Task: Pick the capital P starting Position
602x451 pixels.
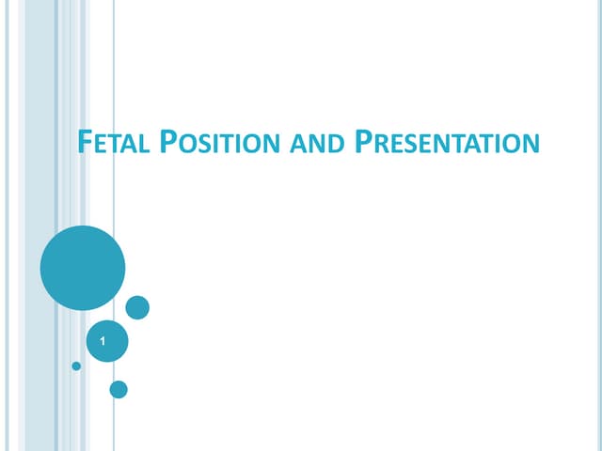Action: [x=167, y=144]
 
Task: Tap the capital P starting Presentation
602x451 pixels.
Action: [x=365, y=144]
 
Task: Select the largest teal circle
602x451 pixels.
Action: [x=83, y=268]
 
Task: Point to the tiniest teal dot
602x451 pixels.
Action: [x=76, y=365]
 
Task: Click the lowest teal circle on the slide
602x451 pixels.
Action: [x=119, y=388]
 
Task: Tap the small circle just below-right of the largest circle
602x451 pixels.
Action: [x=137, y=307]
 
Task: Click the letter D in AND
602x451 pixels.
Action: [x=337, y=147]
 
